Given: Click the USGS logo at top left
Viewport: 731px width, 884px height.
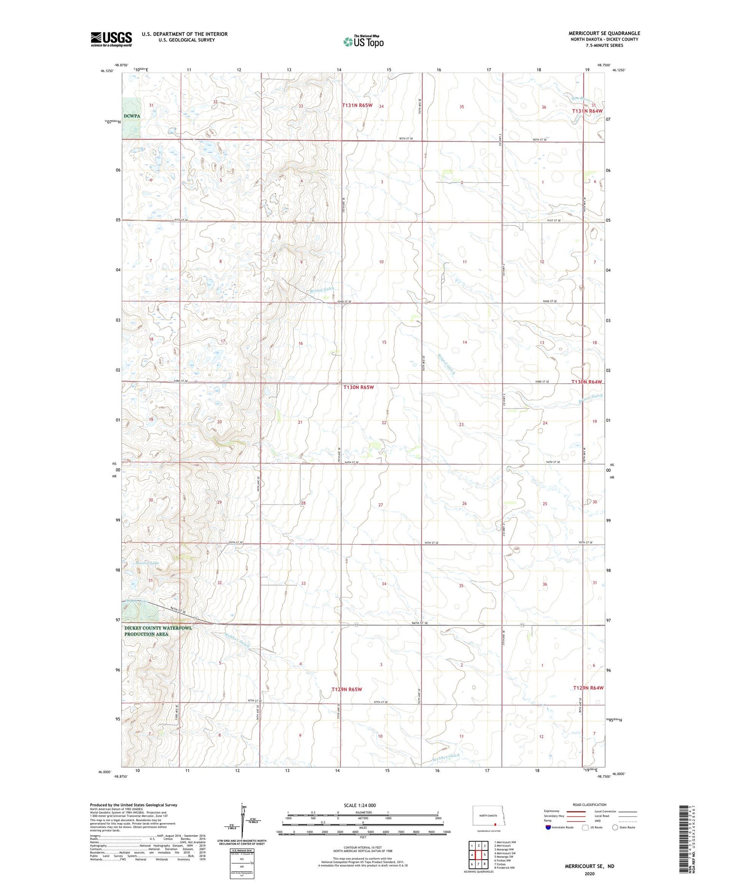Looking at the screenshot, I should coord(111,39).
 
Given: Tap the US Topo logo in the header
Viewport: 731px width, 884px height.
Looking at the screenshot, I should coord(363,42).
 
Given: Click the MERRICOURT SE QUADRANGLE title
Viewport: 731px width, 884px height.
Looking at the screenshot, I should coord(604,33).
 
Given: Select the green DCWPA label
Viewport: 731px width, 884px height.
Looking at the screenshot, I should coord(132,116).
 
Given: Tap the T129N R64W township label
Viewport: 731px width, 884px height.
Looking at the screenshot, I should coord(588,688).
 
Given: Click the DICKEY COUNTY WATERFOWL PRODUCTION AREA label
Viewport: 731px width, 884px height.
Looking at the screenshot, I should coord(158,631).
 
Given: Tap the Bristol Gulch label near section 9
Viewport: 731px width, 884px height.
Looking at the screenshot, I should coord(322,290).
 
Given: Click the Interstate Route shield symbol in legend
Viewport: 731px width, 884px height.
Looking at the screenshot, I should coord(548,827).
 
